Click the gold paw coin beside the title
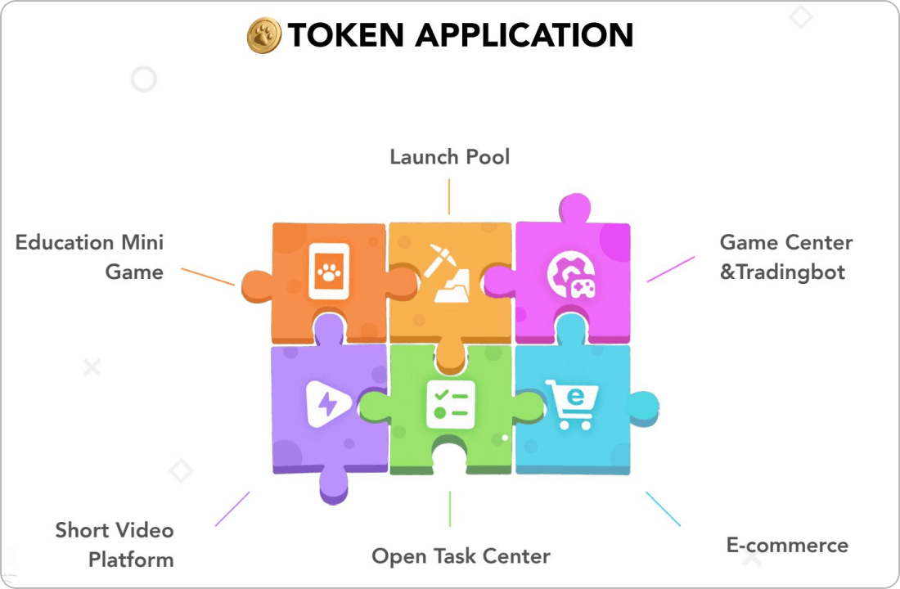tap(264, 35)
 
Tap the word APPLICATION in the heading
tap(524, 35)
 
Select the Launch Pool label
tap(449, 156)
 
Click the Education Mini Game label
tap(90, 257)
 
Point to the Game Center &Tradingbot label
tap(785, 257)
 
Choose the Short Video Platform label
tap(115, 545)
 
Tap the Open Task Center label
tap(461, 556)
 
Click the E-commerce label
tap(787, 545)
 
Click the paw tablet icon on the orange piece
tap(328, 272)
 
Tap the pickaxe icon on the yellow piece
tap(449, 273)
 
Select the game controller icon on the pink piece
tap(570, 275)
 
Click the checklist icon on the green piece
tap(449, 403)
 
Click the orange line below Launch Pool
tap(449, 197)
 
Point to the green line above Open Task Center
tap(449, 508)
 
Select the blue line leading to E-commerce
tap(663, 509)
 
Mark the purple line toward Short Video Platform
tap(232, 509)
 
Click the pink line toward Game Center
tap(670, 269)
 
